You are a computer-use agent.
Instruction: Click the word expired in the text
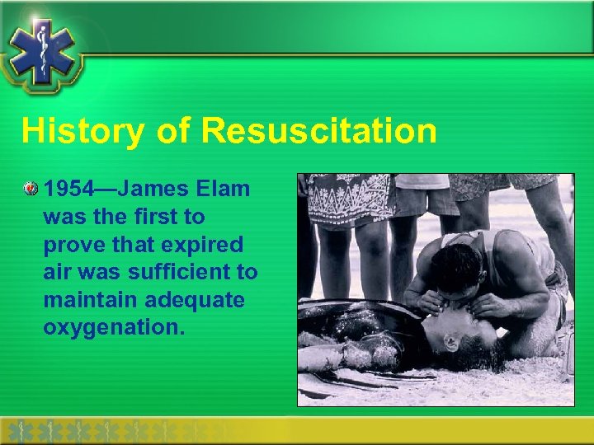point(200,245)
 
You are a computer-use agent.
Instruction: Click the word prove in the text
point(72,245)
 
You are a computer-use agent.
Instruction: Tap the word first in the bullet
point(172,218)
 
